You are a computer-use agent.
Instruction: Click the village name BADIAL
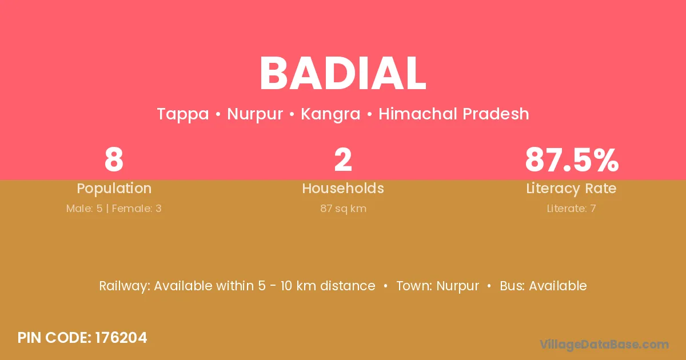[342, 73]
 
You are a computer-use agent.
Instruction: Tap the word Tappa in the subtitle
[183, 114]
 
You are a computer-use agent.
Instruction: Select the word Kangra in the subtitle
[330, 114]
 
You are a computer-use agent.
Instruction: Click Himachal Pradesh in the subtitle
[454, 114]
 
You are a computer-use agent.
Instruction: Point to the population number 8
[114, 159]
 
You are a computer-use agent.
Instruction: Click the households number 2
[343, 159]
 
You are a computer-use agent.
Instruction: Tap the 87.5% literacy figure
[572, 159]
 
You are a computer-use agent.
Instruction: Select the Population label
[114, 189]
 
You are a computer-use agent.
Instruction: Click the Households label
[343, 188]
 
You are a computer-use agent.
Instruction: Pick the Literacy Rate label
[571, 189]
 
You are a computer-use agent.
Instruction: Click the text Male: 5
[84, 209]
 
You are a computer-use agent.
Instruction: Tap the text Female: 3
[137, 209]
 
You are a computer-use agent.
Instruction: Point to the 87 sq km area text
[344, 209]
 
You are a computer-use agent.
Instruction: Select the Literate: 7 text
[572, 209]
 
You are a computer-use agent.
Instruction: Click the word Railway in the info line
[123, 286]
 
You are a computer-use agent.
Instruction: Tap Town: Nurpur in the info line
[438, 286]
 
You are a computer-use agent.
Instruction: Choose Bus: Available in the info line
[543, 286]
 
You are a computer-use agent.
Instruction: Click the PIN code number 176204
[121, 338]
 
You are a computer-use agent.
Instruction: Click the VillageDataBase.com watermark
[604, 345]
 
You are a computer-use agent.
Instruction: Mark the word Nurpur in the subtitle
[255, 114]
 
